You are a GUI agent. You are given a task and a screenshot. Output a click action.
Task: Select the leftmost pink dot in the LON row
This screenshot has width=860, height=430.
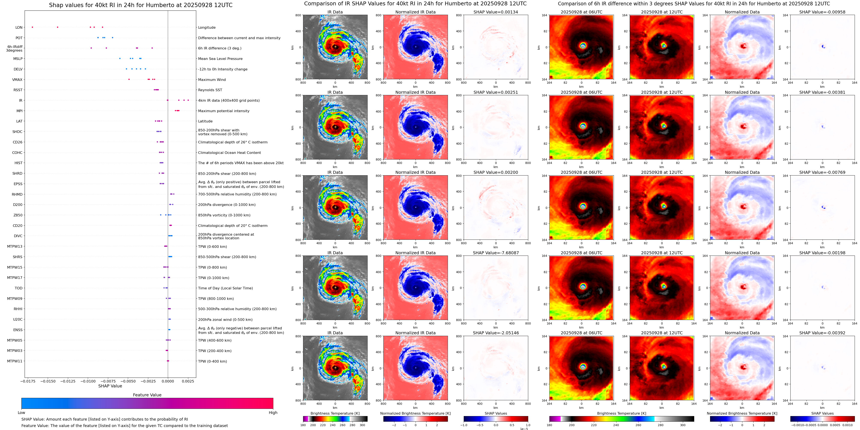tap(32, 27)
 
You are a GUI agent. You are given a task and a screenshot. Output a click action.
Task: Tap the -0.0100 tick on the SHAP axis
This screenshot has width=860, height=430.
tap(88, 381)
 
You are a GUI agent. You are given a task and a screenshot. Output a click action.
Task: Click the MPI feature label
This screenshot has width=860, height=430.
tap(19, 111)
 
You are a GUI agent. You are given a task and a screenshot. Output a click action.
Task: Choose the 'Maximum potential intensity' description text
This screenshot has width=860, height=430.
tap(224, 111)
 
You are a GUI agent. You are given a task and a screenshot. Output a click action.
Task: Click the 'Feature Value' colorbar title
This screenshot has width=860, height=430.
tap(147, 395)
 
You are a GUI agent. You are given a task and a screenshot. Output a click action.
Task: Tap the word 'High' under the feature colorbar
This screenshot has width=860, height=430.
tap(273, 413)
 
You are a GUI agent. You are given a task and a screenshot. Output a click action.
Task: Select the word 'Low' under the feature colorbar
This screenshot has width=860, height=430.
tap(21, 413)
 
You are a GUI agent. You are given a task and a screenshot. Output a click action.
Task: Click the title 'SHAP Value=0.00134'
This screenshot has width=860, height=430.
tap(496, 12)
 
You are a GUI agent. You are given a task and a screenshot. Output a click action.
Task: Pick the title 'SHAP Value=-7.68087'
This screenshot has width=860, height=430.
tap(496, 253)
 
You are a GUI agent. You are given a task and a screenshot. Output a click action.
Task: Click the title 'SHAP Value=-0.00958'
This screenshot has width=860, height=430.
tap(822, 12)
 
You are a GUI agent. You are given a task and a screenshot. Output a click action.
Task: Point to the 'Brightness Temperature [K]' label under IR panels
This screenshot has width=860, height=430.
tap(335, 413)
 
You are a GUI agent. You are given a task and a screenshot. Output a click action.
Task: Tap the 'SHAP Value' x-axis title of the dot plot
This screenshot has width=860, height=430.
tap(110, 386)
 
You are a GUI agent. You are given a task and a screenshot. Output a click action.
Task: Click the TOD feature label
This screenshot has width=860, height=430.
tap(18, 288)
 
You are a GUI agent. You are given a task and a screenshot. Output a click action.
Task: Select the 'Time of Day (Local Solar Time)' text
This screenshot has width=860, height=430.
tap(225, 288)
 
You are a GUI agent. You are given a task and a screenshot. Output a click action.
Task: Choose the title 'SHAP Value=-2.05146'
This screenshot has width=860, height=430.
tap(496, 333)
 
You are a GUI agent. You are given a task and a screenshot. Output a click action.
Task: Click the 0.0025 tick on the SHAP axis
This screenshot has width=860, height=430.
tap(188, 381)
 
